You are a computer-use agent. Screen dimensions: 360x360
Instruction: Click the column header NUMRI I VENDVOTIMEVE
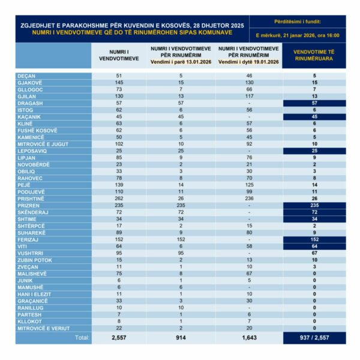118,55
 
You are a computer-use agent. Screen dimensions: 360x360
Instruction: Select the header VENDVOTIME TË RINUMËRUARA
314,55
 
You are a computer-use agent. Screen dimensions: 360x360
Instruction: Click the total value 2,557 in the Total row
118,338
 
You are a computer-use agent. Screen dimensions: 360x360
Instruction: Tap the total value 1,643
248,338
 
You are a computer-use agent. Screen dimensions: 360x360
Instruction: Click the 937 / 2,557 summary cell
314,338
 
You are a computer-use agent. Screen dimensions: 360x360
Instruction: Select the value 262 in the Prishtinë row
118,199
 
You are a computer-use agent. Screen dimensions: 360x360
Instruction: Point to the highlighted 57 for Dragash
314,103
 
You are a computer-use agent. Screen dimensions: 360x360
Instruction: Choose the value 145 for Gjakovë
118,83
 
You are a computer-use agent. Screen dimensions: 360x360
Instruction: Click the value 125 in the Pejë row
248,185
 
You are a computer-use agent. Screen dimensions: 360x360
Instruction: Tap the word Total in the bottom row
81,338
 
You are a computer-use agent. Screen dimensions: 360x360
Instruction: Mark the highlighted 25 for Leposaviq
314,151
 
